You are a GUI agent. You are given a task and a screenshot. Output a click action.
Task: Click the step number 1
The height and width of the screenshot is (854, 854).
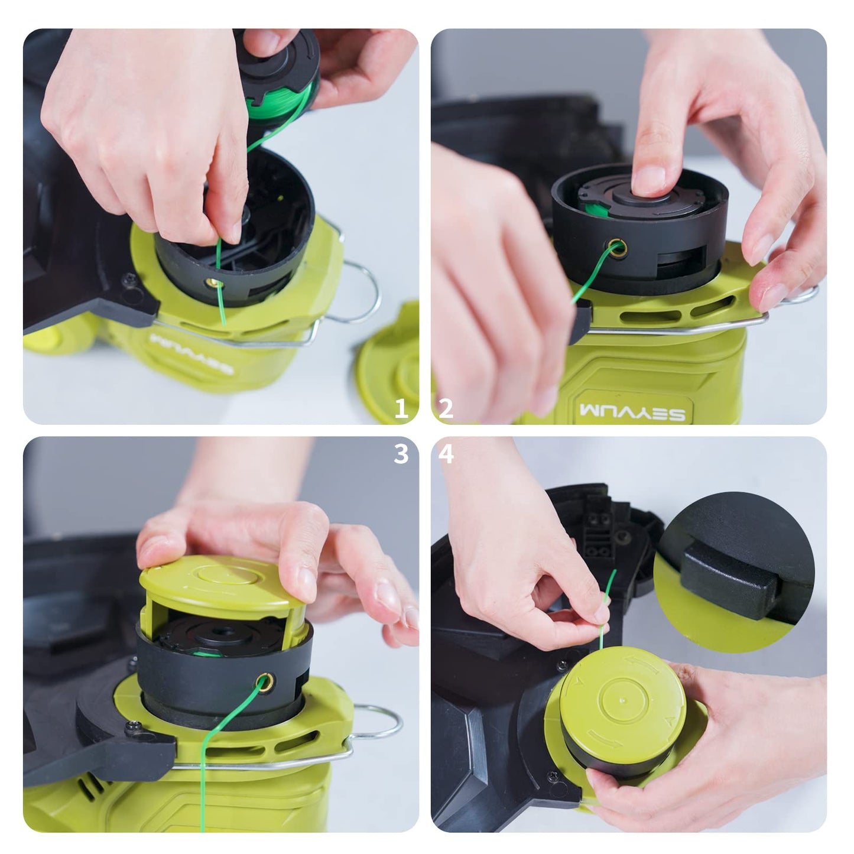[x=401, y=408]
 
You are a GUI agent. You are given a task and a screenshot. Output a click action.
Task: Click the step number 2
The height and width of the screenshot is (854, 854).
[x=446, y=408]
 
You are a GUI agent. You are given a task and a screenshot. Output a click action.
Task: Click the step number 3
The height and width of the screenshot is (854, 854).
[x=401, y=454]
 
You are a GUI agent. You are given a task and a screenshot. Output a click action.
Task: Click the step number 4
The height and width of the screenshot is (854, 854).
[x=446, y=454]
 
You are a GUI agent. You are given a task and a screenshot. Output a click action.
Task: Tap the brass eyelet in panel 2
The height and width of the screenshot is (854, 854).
[x=617, y=248]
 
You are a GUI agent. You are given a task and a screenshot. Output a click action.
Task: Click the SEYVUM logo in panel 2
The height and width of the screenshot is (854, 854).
[x=632, y=412]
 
